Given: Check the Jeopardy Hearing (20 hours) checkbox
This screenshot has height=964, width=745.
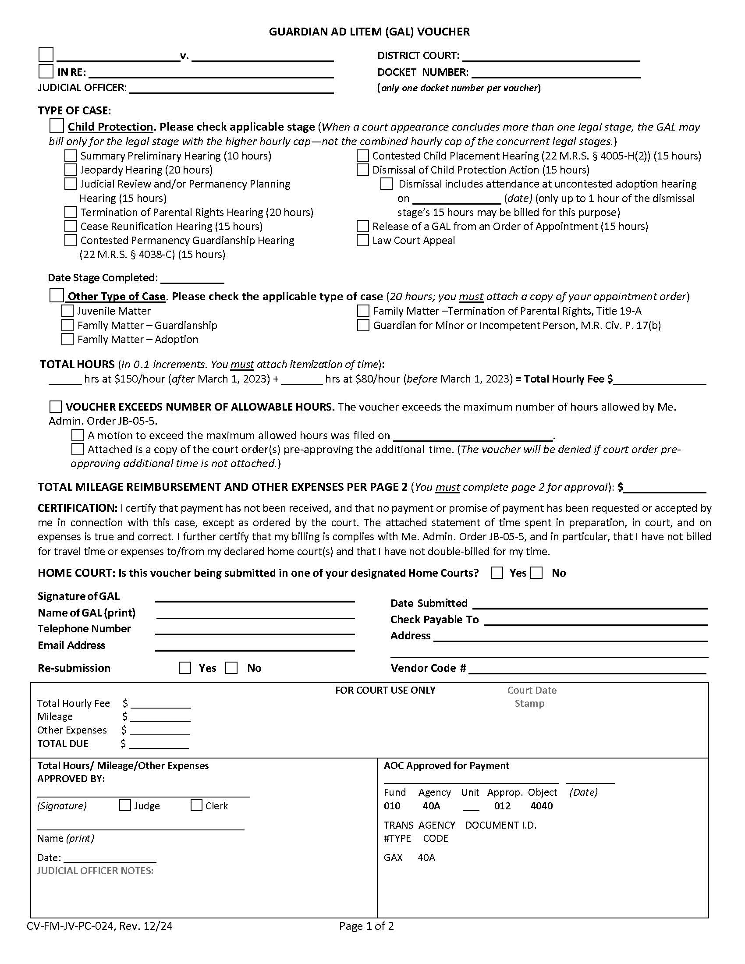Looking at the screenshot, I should pos(71,170).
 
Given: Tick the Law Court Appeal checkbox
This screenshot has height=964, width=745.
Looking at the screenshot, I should pos(362,241).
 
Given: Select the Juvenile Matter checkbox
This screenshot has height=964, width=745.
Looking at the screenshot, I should pos(67,311).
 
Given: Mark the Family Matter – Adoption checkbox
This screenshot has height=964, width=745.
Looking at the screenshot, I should pos(67,340).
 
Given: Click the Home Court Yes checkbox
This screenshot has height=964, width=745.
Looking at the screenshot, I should pos(497,573).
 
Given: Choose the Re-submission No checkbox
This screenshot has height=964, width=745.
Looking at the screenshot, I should pos(231,668).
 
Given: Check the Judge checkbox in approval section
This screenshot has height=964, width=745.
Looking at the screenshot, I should pos(125,805).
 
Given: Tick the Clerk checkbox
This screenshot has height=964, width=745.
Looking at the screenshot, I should pos(196,805).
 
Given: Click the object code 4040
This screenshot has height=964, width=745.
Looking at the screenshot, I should pos(542,806).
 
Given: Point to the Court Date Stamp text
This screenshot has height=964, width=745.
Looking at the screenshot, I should pos(531,697).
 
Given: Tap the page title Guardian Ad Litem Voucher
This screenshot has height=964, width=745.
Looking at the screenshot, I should pos(369,32).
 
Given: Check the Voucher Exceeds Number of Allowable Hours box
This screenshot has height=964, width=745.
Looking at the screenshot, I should pos(56,407).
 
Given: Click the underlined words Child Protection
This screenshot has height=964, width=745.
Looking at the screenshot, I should pos(110,127).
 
